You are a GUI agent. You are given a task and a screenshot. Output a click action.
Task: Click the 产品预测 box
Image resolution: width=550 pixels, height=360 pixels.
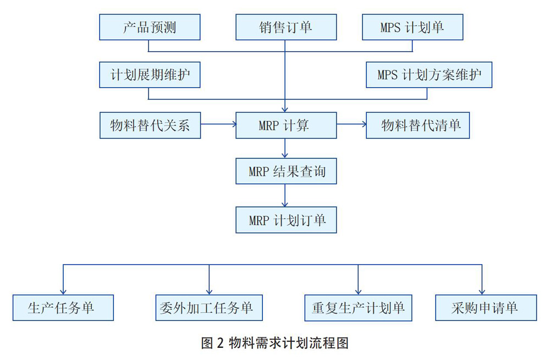pos(150,27)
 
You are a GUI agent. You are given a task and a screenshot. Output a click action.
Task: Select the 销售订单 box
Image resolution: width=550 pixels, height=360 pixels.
pos(286,27)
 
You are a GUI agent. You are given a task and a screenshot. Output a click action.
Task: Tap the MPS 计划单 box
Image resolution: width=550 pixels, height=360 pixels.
pos(413,27)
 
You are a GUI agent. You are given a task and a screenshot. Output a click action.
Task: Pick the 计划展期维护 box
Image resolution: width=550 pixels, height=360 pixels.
pos(150,75)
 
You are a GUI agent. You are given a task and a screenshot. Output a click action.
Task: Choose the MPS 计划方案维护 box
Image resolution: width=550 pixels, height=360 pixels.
pos(429,75)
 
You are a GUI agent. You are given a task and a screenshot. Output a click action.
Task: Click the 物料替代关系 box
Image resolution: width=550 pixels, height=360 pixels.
pos(150,126)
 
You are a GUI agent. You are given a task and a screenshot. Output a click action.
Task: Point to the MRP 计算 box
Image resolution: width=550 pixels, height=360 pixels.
pos(286,126)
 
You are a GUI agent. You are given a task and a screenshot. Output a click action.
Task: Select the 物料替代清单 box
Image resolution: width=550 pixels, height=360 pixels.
pos(418,126)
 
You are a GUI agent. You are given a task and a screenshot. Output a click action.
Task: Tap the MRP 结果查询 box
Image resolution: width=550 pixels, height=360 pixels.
pos(286,171)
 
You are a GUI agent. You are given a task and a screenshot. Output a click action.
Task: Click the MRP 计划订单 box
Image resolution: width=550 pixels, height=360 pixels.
pos(286,220)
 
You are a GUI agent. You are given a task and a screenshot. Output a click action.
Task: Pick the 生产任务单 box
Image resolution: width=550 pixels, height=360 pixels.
pos(63,308)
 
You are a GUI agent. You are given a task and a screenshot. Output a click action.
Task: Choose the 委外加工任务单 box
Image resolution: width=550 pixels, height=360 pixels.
pos(209,308)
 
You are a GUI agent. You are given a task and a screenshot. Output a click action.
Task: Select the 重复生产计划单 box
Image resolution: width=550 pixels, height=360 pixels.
pos(358,308)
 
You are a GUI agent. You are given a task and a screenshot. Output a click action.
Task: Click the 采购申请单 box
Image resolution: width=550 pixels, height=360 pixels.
pos(486,308)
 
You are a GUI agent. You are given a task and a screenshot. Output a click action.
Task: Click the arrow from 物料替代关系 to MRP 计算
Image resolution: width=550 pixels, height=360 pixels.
pos(218,124)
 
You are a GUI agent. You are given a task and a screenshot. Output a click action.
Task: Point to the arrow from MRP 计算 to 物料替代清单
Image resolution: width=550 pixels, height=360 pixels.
pos(351,124)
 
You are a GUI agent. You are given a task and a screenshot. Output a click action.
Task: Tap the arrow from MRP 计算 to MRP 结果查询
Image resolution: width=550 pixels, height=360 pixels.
pos(285,148)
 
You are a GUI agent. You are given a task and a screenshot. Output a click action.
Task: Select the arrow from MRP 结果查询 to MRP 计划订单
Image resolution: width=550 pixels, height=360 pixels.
pos(285,195)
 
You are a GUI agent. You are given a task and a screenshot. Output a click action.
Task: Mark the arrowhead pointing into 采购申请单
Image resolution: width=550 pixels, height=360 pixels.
pos(482,292)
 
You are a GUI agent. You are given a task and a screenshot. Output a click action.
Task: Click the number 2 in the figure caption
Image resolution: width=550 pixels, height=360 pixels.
pos(221,343)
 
